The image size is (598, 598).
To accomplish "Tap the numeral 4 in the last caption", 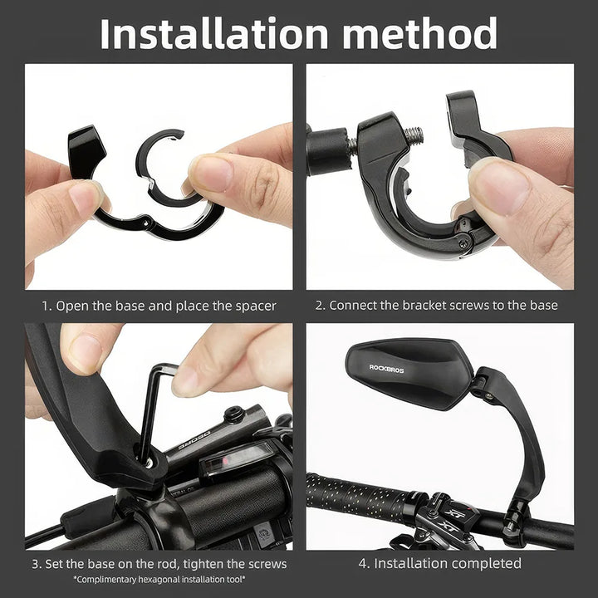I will click(x=362, y=563).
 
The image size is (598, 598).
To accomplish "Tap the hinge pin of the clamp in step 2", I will click(x=459, y=241).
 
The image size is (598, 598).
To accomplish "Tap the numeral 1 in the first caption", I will click(x=46, y=305).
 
